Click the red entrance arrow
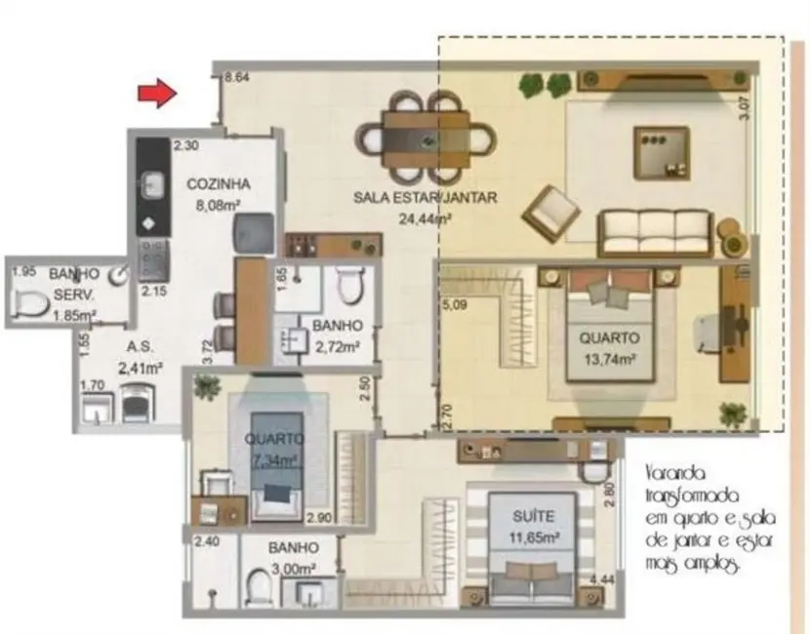tap(154, 94)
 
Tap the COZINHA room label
tap(220, 183)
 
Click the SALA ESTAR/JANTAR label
tap(425, 198)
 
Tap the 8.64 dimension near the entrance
tap(238, 77)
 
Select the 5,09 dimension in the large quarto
tap(456, 304)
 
